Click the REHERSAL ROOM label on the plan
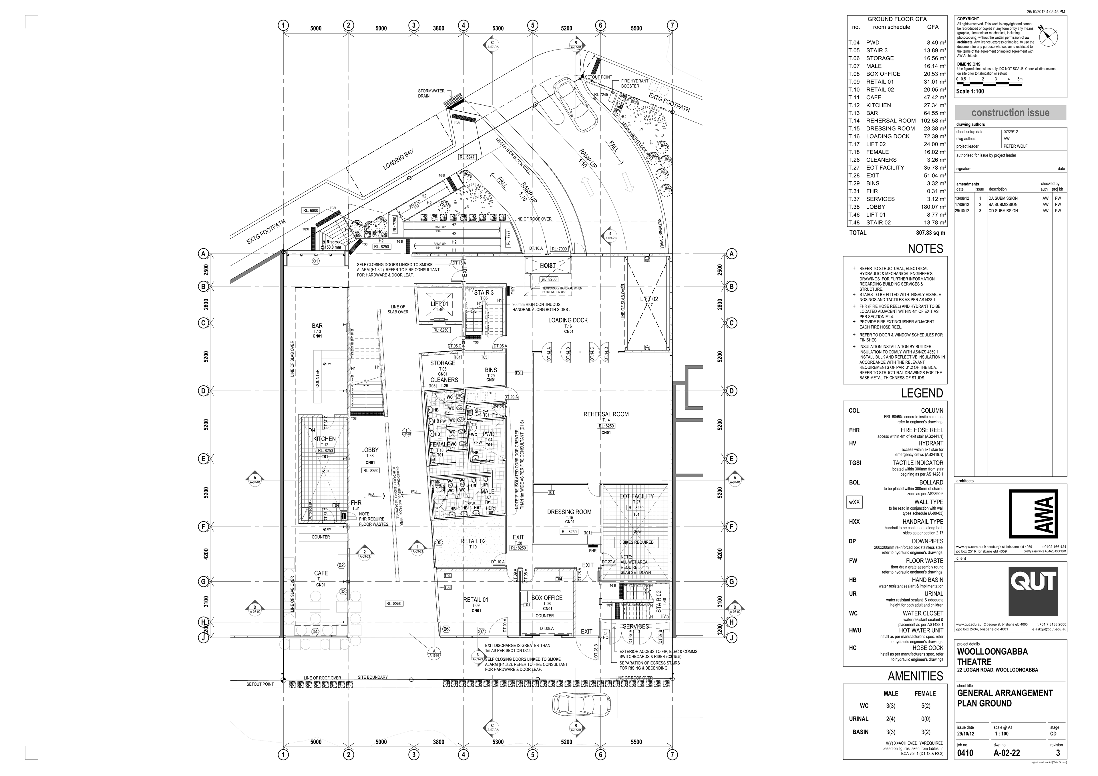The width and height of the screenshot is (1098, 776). coord(606,414)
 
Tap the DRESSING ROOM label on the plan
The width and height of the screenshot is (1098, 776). coord(569,512)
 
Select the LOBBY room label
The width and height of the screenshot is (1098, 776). coord(370,450)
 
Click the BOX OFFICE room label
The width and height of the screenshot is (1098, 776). coord(547,598)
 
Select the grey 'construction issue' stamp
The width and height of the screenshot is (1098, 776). coord(1010,113)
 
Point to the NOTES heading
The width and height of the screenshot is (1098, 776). coord(925,249)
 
